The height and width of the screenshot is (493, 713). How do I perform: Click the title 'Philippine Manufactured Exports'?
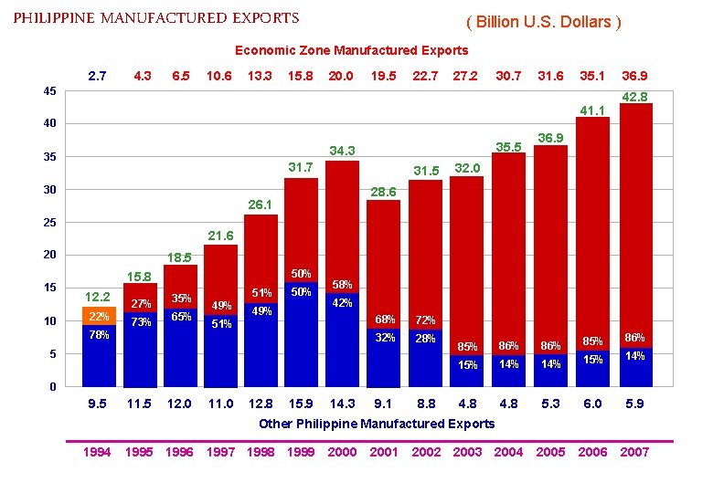click(156, 18)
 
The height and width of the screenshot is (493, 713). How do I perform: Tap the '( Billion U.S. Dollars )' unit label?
click(543, 22)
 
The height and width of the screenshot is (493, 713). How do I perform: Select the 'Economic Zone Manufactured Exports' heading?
click(351, 50)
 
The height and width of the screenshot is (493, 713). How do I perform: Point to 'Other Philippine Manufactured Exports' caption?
click(377, 424)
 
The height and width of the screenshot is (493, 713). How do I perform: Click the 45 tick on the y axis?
click(51, 90)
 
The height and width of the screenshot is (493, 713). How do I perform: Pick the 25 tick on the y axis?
click(51, 223)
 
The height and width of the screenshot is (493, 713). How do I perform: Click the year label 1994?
click(96, 452)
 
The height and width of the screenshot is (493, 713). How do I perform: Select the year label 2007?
click(634, 452)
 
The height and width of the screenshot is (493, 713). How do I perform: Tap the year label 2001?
click(384, 452)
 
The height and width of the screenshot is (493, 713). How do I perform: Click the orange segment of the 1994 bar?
click(99, 316)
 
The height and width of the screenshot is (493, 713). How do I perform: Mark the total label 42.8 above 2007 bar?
click(634, 97)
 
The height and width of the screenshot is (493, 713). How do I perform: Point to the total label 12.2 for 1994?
click(98, 296)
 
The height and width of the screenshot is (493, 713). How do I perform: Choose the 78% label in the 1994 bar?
click(98, 335)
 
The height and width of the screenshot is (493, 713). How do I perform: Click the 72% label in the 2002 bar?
click(425, 320)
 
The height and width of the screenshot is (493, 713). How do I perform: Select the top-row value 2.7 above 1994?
click(98, 76)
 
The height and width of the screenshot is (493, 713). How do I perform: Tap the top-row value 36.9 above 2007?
click(634, 76)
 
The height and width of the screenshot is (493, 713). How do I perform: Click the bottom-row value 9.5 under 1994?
click(98, 403)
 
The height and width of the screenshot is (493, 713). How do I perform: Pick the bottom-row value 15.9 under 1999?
click(301, 403)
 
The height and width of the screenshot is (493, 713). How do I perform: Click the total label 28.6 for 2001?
click(385, 193)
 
